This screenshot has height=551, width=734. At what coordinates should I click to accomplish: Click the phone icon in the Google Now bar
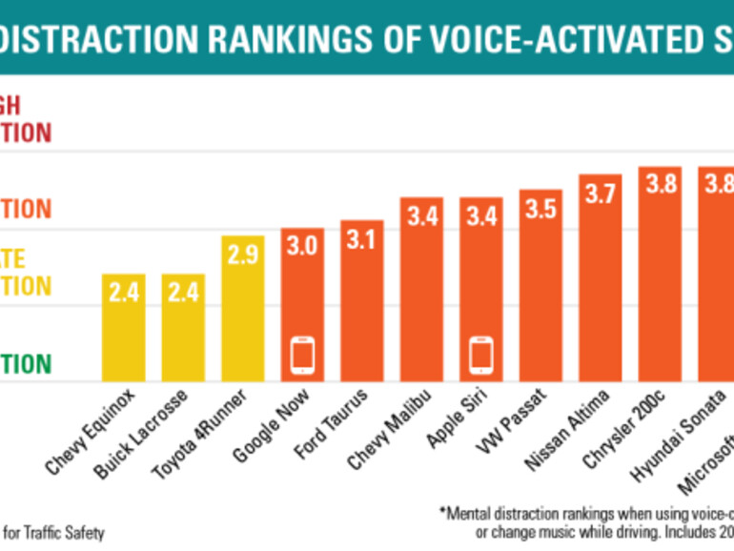pos(303,356)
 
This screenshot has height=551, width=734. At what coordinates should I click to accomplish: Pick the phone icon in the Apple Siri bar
pos(481,356)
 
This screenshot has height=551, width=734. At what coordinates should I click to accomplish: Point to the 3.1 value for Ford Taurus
pos(362,240)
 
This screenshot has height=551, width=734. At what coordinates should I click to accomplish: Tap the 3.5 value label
pos(540,210)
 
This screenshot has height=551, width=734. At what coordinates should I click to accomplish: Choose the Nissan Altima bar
pos(601,277)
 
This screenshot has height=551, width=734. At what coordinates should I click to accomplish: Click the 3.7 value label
pos(601,194)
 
